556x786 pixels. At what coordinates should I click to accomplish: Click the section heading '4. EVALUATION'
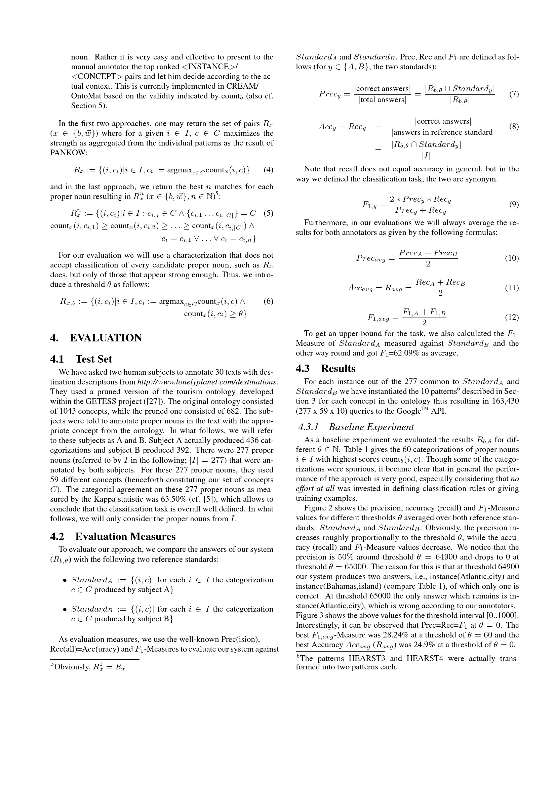tap(95, 338)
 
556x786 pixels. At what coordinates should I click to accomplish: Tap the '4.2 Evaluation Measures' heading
tap(113, 536)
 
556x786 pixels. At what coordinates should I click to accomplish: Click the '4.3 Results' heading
tap(325, 368)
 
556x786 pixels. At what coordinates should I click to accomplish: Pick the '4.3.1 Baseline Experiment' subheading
tap(356, 427)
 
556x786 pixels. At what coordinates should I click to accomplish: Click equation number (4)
tap(268, 170)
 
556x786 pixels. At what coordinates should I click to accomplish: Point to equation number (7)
tap(514, 94)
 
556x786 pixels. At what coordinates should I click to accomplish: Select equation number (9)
tap(514, 204)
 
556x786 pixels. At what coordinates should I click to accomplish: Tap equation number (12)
tap(512, 317)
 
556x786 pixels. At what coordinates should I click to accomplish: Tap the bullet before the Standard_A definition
tap(65, 580)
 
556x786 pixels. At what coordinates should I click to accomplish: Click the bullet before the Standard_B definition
tap(65, 609)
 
